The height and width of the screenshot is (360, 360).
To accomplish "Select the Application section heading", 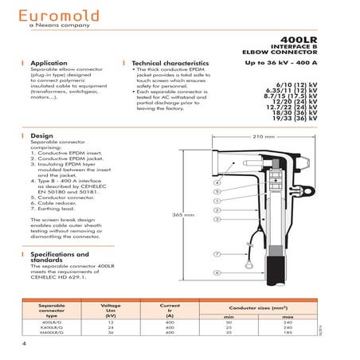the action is (x=53, y=62).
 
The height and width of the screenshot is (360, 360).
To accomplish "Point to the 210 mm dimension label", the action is (x=263, y=137).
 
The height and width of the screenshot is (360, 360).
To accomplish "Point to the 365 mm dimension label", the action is (x=183, y=215).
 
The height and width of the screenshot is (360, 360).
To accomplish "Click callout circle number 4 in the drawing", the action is (x=217, y=182).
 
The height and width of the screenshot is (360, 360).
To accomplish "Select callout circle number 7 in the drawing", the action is (x=217, y=253).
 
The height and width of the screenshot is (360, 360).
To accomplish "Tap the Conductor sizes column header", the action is (x=254, y=307).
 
